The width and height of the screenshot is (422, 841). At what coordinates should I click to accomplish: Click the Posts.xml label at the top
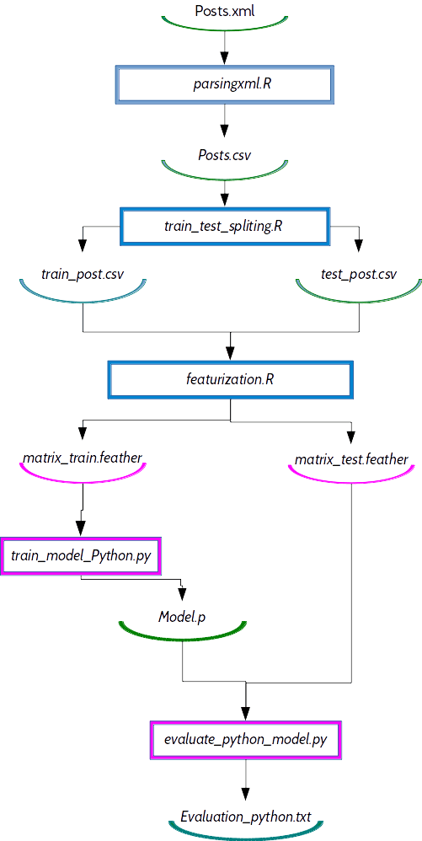(225, 11)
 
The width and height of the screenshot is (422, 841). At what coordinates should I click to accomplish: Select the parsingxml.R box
(225, 84)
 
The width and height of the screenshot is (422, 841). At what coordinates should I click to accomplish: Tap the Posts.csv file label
(225, 155)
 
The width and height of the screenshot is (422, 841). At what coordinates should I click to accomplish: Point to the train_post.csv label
(83, 275)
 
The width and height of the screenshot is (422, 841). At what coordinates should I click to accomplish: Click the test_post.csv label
(358, 275)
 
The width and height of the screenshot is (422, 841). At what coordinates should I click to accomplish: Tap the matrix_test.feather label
(351, 459)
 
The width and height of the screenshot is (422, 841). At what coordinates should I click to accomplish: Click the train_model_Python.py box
(81, 556)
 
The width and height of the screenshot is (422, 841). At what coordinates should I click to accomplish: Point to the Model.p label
(182, 617)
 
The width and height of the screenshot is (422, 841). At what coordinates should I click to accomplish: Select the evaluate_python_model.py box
(246, 741)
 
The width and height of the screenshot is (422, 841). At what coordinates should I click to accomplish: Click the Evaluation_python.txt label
(246, 816)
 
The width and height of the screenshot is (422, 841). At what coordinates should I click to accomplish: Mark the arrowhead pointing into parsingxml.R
(225, 58)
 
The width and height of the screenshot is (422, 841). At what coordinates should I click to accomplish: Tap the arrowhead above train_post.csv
(83, 245)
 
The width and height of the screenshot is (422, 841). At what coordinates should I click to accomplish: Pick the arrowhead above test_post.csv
(358, 245)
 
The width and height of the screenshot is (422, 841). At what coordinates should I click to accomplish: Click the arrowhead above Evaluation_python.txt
(246, 793)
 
